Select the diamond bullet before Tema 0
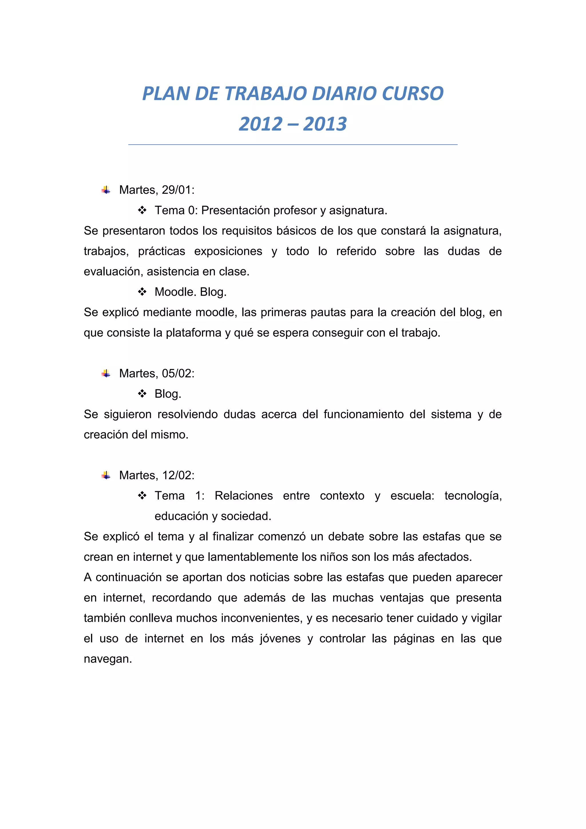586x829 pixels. pyautogui.click(x=142, y=210)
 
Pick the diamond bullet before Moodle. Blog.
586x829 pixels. pyautogui.click(x=142, y=292)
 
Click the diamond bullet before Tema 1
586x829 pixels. pyautogui.click(x=142, y=496)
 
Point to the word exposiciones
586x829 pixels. pyautogui.click(x=228, y=251)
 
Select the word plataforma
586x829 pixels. pyautogui.click(x=193, y=333)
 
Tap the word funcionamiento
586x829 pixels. pyautogui.click(x=363, y=414)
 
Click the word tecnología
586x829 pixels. pyautogui.click(x=473, y=496)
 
